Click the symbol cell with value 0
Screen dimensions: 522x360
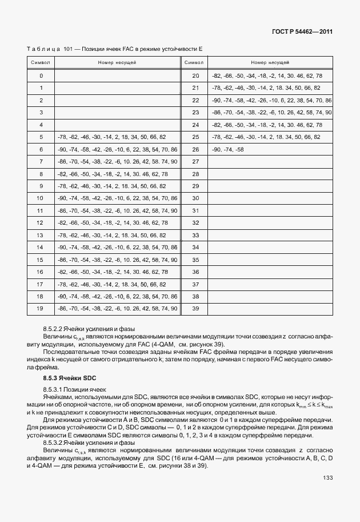pos(41,75)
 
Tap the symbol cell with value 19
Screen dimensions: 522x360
pos(41,308)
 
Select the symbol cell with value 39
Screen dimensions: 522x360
pos(195,308)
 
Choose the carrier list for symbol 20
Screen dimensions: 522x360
pos(267,75)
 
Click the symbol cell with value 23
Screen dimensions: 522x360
pos(195,112)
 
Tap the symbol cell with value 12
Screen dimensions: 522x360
pos(41,222)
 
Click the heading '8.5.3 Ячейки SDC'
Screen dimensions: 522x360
pos(65,378)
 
